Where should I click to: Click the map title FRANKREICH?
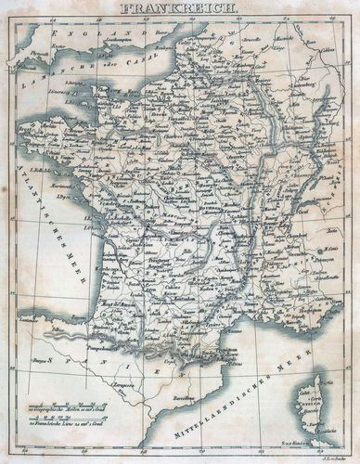coord(180,10)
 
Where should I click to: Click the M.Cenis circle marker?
coord(318,250)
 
